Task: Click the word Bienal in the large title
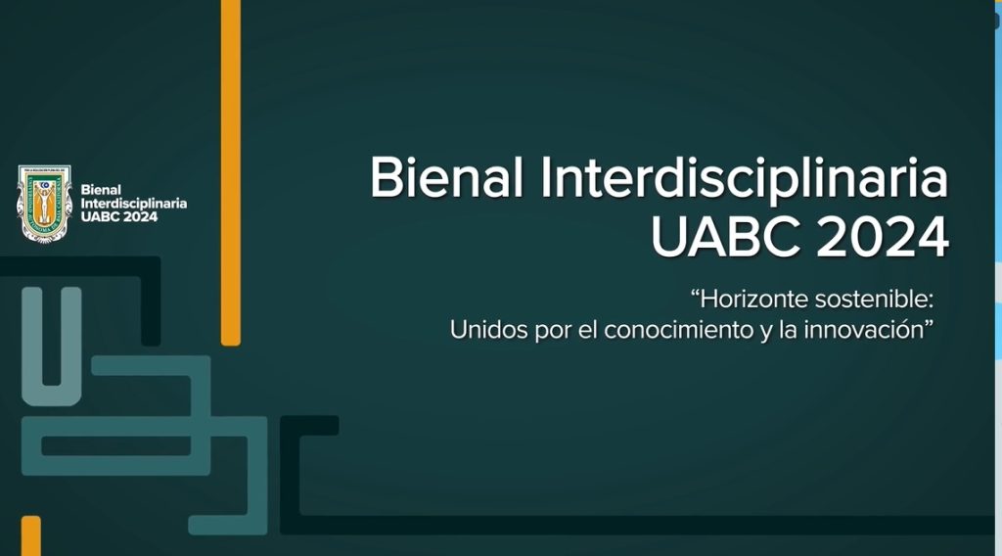click(x=446, y=177)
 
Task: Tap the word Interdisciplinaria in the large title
click(x=745, y=180)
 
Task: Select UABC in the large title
click(x=726, y=237)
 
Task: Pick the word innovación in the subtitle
click(x=864, y=330)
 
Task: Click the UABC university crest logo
click(x=44, y=204)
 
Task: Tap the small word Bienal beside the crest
click(x=101, y=190)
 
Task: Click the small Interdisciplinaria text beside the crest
click(x=133, y=204)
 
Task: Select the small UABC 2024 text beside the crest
click(x=119, y=217)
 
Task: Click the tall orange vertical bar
click(x=231, y=172)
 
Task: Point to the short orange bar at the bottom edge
click(x=30, y=535)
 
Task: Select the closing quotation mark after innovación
click(x=930, y=325)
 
